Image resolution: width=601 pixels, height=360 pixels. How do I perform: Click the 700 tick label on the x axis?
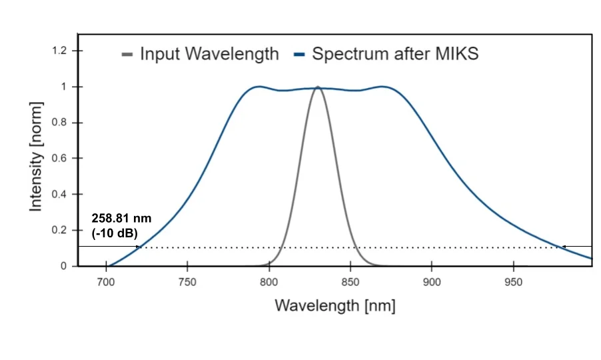point(106,281)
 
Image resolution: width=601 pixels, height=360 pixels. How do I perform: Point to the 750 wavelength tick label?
point(187,281)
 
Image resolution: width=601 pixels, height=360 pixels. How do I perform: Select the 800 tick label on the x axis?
point(269,281)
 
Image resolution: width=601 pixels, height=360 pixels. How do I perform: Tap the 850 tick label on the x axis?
point(350,281)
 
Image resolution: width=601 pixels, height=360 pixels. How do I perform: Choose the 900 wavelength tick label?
point(432,281)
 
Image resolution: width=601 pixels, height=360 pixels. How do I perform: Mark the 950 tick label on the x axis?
point(513,281)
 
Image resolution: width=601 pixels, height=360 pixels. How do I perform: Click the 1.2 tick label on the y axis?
point(59,51)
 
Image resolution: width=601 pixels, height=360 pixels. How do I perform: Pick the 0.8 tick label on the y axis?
point(59,123)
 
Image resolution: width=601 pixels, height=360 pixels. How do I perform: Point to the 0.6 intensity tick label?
point(59,159)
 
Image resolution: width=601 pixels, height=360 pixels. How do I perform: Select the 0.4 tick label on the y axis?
point(59,195)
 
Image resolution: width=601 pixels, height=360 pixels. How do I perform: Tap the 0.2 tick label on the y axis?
point(59,231)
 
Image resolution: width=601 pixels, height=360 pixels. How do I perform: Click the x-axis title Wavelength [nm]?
point(335,306)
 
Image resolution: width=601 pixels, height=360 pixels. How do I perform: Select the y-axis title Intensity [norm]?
point(36,157)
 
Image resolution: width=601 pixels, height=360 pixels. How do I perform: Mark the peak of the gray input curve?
point(318,87)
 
